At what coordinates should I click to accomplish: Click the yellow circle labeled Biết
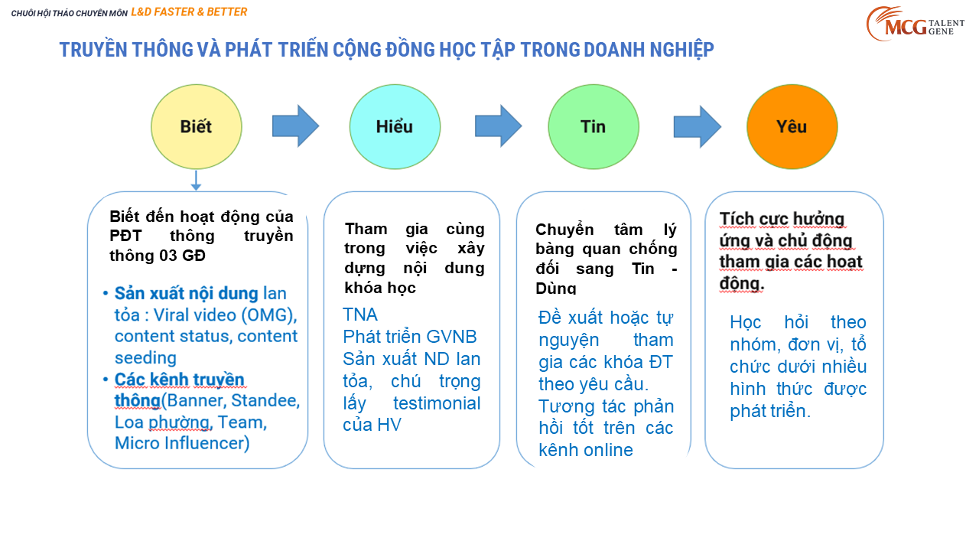tap(197, 127)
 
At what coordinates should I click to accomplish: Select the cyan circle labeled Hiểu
tap(395, 127)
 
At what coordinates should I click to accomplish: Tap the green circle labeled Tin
tap(594, 127)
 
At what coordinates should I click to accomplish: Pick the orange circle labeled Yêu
tap(792, 127)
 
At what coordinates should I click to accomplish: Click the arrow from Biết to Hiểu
tap(295, 126)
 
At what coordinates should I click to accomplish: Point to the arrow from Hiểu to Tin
tap(498, 126)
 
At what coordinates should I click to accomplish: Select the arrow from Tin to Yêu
tap(697, 127)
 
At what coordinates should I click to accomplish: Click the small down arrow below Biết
tap(196, 180)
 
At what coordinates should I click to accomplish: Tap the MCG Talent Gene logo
tap(916, 24)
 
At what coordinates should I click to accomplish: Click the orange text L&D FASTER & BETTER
tap(189, 12)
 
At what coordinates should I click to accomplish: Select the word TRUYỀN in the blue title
tap(93, 50)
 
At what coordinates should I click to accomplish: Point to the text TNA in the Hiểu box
tap(359, 315)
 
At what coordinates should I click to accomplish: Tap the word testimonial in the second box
tap(437, 403)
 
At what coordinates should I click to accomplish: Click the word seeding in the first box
tap(145, 358)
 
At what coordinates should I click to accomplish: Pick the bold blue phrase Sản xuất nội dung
tap(186, 293)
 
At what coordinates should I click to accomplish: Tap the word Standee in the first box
tap(265, 400)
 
